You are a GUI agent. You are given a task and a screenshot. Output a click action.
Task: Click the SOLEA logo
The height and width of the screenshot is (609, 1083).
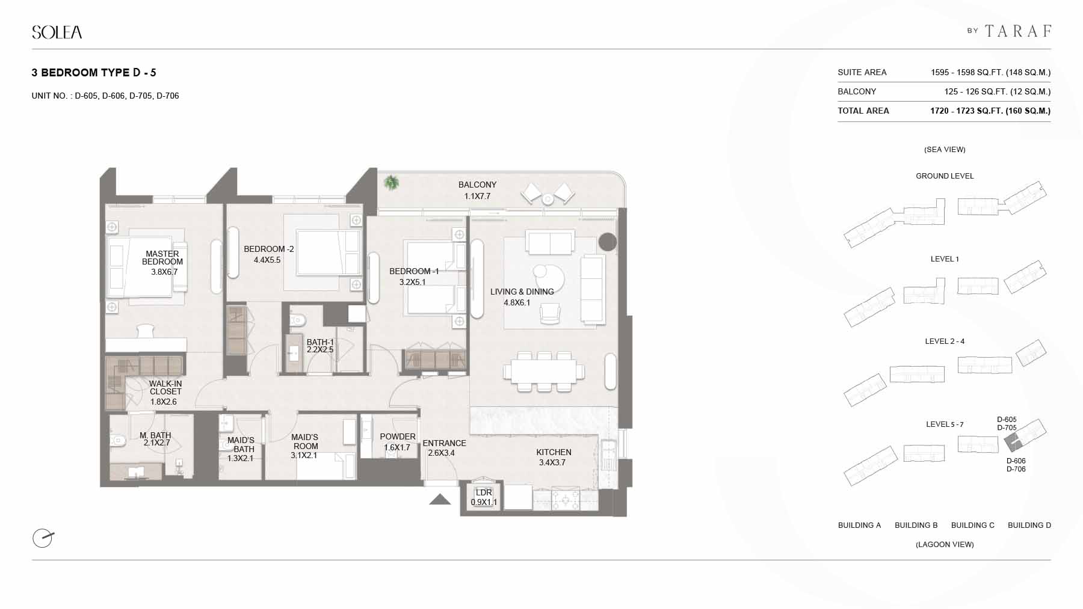click(57, 32)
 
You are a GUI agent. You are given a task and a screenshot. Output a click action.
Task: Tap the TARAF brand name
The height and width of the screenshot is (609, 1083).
click(1019, 31)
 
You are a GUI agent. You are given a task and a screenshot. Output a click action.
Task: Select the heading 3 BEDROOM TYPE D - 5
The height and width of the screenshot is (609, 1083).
click(94, 73)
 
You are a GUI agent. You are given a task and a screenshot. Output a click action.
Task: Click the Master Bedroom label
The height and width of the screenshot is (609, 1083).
click(162, 258)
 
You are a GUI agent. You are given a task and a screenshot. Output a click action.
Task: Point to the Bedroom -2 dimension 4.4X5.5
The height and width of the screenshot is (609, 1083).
click(267, 260)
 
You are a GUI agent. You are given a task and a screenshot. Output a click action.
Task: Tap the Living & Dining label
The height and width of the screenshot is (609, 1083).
click(522, 292)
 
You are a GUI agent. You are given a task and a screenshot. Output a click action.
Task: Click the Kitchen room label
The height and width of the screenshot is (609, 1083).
click(554, 452)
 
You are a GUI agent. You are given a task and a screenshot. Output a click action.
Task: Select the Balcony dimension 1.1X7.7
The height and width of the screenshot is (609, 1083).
click(477, 196)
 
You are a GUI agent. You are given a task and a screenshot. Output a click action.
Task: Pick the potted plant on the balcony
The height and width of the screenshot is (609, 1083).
click(392, 182)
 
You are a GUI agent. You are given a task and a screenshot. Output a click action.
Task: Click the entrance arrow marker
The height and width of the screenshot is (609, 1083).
click(440, 499)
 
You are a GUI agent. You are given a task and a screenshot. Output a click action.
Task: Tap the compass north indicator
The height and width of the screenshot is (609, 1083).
click(43, 537)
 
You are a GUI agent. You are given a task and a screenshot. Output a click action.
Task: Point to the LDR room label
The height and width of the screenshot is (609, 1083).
click(484, 492)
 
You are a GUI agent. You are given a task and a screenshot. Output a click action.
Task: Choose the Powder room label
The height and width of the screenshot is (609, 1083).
click(398, 436)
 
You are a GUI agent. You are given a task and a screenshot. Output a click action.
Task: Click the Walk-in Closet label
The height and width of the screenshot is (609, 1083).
click(165, 388)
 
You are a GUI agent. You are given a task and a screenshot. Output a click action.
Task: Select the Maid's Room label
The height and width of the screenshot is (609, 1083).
click(305, 442)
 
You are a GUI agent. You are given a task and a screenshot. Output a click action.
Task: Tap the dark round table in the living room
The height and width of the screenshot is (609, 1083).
click(608, 242)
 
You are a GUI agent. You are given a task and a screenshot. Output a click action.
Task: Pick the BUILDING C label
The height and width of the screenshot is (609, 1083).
click(973, 525)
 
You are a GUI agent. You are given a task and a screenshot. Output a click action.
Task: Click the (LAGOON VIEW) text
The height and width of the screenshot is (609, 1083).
click(945, 544)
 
